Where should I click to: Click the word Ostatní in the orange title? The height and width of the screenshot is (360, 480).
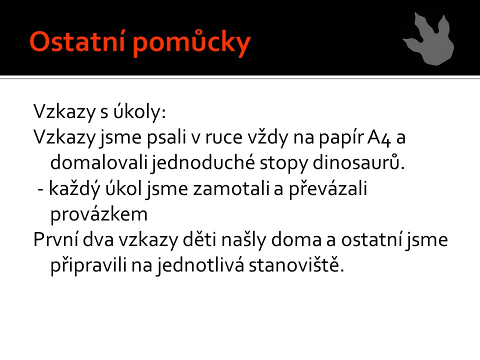(77, 41)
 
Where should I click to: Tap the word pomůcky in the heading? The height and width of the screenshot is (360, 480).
(192, 43)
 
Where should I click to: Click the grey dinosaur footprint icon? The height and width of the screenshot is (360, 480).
(429, 39)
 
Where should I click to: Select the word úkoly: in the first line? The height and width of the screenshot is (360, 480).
(139, 111)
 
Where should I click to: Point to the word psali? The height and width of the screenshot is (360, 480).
(166, 138)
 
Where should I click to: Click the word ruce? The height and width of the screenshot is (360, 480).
(223, 138)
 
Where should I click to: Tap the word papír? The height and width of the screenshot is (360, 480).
(341, 138)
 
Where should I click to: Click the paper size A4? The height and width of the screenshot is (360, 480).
(379, 138)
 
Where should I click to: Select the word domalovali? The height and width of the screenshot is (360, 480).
(99, 162)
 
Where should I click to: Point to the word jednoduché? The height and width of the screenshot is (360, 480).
(203, 163)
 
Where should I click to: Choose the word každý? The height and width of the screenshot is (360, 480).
(74, 188)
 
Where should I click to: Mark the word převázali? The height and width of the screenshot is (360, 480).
(328, 188)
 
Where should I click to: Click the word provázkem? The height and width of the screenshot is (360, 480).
(99, 214)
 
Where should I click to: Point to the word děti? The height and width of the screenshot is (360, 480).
(199, 239)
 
